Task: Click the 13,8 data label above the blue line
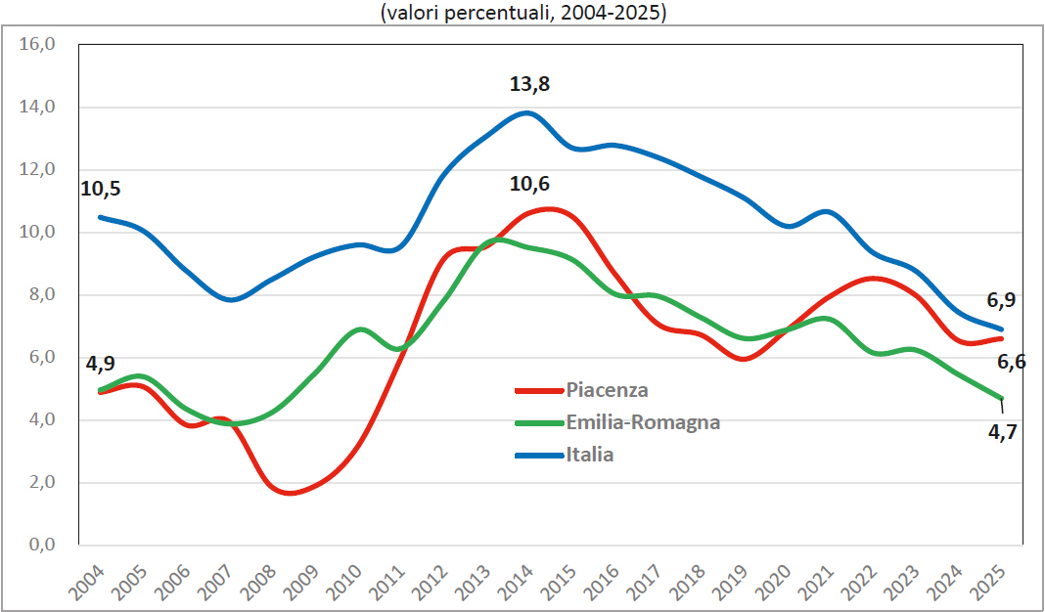pyautogui.click(x=529, y=85)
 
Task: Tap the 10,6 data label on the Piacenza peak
pyautogui.click(x=529, y=184)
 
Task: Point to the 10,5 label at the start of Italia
pyautogui.click(x=101, y=189)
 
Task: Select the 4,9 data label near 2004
pyautogui.click(x=101, y=364)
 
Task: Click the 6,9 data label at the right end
pyautogui.click(x=1001, y=300)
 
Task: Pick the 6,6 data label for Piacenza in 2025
pyautogui.click(x=1011, y=363)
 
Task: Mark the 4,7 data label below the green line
pyautogui.click(x=1002, y=432)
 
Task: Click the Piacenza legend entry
pyautogui.click(x=582, y=390)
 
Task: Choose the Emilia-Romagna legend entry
pyautogui.click(x=617, y=422)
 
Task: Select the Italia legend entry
pyautogui.click(x=565, y=455)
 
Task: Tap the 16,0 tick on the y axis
pyautogui.click(x=37, y=45)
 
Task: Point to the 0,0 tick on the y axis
pyautogui.click(x=42, y=545)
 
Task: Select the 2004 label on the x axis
pyautogui.click(x=88, y=583)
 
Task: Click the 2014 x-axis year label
pyautogui.click(x=516, y=583)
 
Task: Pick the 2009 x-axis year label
pyautogui.click(x=302, y=583)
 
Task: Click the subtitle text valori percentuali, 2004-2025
pyautogui.click(x=523, y=14)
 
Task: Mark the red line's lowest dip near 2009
pyautogui.click(x=291, y=493)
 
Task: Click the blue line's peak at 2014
pyautogui.click(x=526, y=113)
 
